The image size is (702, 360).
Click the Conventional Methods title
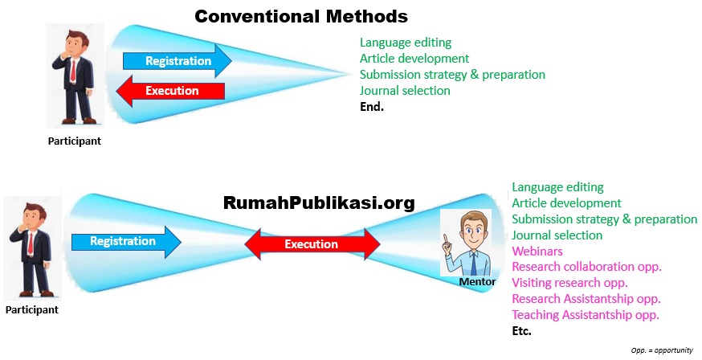(x=301, y=16)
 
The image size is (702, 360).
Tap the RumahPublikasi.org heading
(x=319, y=202)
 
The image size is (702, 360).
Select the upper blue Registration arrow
(x=177, y=61)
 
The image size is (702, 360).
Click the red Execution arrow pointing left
(x=170, y=91)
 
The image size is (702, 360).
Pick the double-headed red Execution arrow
(x=311, y=244)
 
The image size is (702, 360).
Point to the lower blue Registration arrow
(x=126, y=241)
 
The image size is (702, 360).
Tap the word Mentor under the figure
(x=476, y=282)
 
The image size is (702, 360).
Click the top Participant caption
(x=74, y=141)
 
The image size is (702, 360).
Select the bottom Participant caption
(x=32, y=309)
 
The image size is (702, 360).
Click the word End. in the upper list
(x=372, y=106)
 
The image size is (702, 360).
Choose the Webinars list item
(x=537, y=251)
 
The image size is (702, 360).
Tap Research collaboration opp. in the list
(x=586, y=267)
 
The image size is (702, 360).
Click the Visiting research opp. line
(x=569, y=282)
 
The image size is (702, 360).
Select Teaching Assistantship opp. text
(x=586, y=314)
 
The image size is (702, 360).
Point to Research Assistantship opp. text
(x=586, y=298)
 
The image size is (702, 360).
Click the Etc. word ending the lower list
(x=522, y=330)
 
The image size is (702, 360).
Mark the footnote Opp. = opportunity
(x=662, y=350)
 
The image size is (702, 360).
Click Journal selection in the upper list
(x=405, y=90)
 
